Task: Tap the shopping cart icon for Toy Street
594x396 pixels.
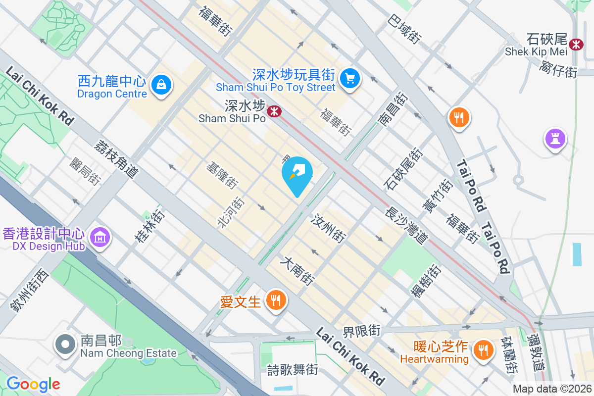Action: (350, 78)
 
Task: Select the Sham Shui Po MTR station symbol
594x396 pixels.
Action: (274, 111)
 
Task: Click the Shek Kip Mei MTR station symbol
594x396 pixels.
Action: (576, 44)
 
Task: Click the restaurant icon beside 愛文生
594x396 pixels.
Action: (275, 300)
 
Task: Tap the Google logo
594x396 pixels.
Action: (33, 384)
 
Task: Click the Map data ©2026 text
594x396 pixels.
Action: (551, 389)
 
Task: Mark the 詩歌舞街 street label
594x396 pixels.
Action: (293, 369)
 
